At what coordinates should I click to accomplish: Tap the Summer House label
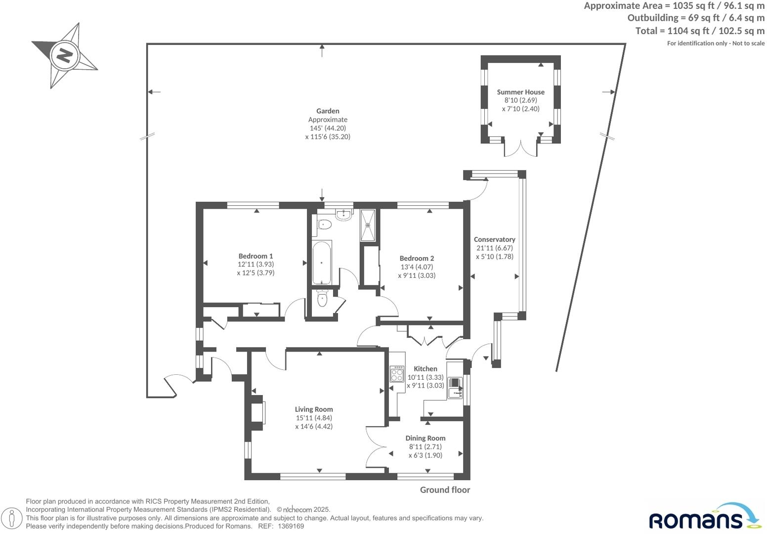click(520, 92)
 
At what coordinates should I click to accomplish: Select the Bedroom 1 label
click(256, 256)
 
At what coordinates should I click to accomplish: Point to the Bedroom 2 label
click(417, 258)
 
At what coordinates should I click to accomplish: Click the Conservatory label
click(494, 239)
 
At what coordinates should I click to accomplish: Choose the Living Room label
click(314, 409)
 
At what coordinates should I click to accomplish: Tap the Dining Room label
click(425, 438)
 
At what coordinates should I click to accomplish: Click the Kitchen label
click(425, 369)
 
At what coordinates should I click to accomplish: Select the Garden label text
click(328, 111)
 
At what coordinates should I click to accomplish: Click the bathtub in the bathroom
click(322, 263)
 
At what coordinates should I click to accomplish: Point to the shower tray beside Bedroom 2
click(368, 225)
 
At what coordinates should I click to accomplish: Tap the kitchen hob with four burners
click(397, 374)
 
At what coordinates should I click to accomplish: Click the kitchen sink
click(454, 387)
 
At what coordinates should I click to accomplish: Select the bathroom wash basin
click(343, 214)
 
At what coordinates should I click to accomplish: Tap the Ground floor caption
click(445, 490)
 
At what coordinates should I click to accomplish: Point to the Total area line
click(699, 31)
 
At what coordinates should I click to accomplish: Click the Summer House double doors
click(520, 148)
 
